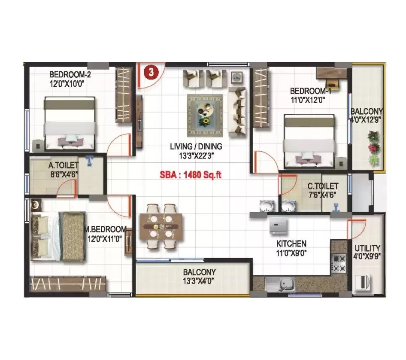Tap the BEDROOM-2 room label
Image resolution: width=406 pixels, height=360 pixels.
[x=70, y=74]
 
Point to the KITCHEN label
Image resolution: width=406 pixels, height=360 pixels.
[x=291, y=244]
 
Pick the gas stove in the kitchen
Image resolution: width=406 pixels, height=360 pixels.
[x=339, y=263]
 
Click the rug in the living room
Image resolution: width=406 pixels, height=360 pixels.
[x=205, y=116]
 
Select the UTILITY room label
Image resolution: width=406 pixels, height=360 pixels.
[x=367, y=248]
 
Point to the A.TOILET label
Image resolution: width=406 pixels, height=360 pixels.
[x=63, y=165]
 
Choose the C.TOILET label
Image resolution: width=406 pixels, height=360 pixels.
[x=323, y=186]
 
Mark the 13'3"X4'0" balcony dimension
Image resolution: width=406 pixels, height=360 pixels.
[x=199, y=281]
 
